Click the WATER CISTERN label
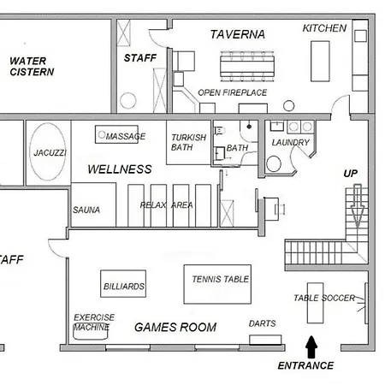pyautogui.click(x=32, y=66)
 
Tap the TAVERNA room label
pyautogui.click(x=238, y=34)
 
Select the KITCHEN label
pyautogui.click(x=324, y=28)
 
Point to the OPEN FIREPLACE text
pyautogui.click(x=233, y=92)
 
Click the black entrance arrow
pyautogui.click(x=311, y=347)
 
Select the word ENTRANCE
pyautogui.click(x=305, y=365)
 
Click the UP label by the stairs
pyautogui.click(x=351, y=174)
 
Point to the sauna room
pyautogui.click(x=93, y=204)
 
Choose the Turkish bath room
pyautogui.click(x=188, y=142)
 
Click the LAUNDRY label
pyautogui.click(x=291, y=142)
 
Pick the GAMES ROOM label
pyautogui.click(x=175, y=327)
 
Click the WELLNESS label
pyautogui.click(x=120, y=169)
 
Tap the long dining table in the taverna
pyautogui.click(x=247, y=66)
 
